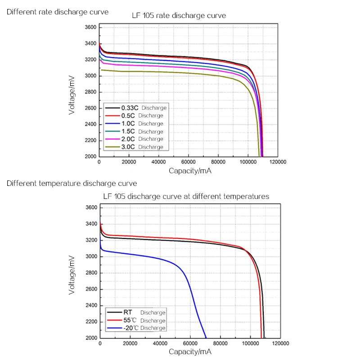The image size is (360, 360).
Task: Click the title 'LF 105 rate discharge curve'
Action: coord(179,16)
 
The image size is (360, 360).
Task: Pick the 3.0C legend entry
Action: coord(135,147)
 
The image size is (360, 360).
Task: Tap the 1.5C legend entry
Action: coord(135,131)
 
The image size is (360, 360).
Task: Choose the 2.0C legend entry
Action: coord(135,139)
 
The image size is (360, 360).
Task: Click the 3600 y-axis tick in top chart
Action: coord(90,27)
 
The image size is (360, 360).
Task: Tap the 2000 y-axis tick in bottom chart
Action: coord(91,338)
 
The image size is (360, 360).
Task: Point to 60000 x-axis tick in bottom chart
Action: coord(190,343)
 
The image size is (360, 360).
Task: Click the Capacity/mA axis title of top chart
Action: coord(190,171)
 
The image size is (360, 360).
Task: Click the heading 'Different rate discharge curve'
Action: coord(57,12)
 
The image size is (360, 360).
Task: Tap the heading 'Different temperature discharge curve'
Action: coord(72,184)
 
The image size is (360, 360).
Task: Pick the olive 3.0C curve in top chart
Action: coord(180,72)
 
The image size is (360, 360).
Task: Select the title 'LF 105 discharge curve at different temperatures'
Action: coord(186,197)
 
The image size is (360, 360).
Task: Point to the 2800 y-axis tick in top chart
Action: coord(90,92)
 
